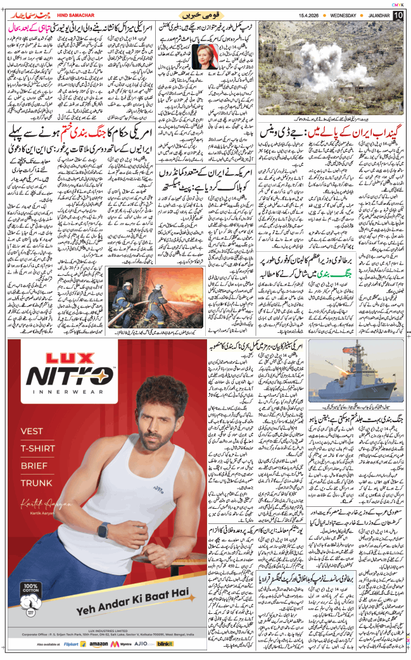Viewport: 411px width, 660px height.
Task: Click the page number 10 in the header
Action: coord(398,15)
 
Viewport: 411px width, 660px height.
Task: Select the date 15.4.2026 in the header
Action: coord(302,15)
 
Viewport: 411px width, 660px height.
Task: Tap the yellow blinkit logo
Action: coord(165,644)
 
